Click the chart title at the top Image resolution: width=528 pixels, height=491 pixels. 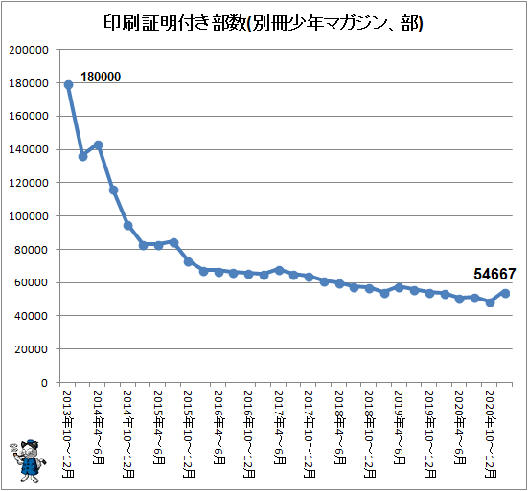pos(263,23)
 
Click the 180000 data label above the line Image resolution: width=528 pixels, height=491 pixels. pos(101,77)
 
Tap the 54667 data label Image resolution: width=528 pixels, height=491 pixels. pos(494,274)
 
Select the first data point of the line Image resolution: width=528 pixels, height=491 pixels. pos(68,85)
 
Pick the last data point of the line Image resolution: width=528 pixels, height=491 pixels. pos(505,293)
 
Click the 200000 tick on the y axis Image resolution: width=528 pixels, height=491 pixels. pos(29,50)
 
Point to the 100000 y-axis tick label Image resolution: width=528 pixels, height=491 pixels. pos(29,216)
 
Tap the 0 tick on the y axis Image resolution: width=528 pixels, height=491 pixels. pos(44,383)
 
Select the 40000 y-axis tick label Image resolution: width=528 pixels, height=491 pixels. pos(31,316)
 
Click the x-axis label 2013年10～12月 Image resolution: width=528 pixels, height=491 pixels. pos(68,434)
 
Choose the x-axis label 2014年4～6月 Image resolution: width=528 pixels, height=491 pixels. pos(98,427)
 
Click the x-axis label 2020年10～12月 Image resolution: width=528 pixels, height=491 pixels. pos(491,434)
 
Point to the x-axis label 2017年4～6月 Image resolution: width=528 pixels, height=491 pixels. pos(279,427)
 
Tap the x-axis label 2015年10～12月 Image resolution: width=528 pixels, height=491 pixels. pos(189,434)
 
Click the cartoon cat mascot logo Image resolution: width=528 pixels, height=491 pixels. pos(28,460)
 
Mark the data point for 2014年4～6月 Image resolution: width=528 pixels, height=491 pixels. pos(99,145)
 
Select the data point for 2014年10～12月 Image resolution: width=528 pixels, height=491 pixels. pos(128,225)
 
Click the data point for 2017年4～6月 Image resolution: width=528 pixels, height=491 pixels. pos(279,270)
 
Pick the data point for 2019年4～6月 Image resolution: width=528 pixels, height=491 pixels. pos(400,287)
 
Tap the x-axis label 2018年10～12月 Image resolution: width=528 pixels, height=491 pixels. pos(370,434)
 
